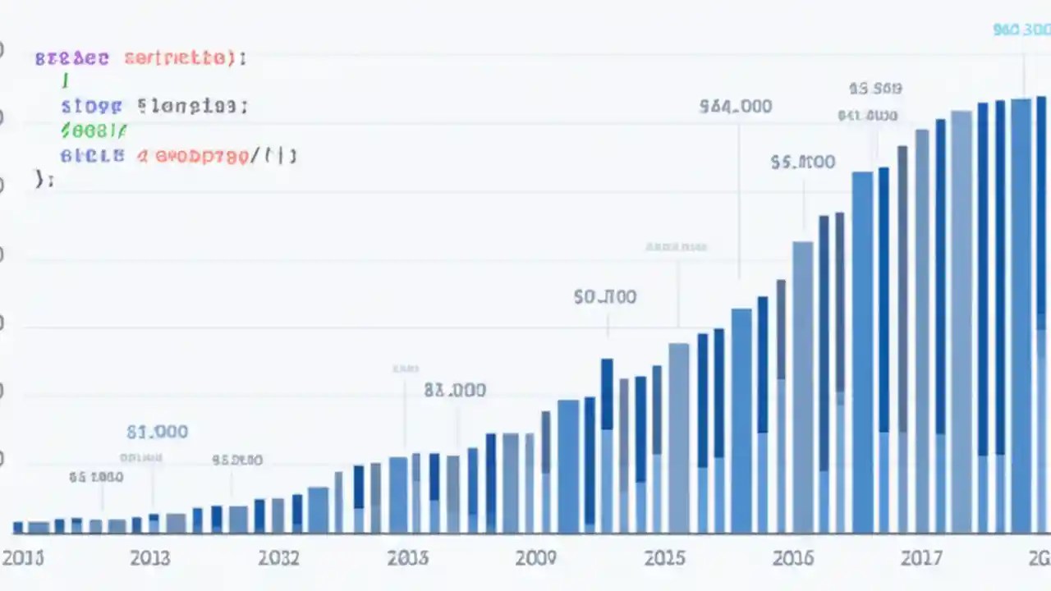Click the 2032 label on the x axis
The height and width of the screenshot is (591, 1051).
278,558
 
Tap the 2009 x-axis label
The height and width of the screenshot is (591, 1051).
535,558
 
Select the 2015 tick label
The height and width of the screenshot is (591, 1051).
664,558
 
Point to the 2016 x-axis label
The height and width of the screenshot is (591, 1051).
793,558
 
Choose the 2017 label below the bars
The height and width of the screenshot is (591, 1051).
921,558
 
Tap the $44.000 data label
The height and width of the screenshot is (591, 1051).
736,107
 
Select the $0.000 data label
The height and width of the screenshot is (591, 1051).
605,296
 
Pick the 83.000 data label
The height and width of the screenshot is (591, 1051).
455,391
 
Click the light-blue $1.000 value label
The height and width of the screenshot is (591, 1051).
157,432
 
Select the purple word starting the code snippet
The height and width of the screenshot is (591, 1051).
71,58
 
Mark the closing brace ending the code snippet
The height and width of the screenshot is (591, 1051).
43,179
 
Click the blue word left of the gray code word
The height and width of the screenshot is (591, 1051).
91,106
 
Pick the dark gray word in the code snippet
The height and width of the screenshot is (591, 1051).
192,106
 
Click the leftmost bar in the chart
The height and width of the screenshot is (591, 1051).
18,527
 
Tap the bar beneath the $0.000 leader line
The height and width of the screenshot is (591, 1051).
607,443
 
